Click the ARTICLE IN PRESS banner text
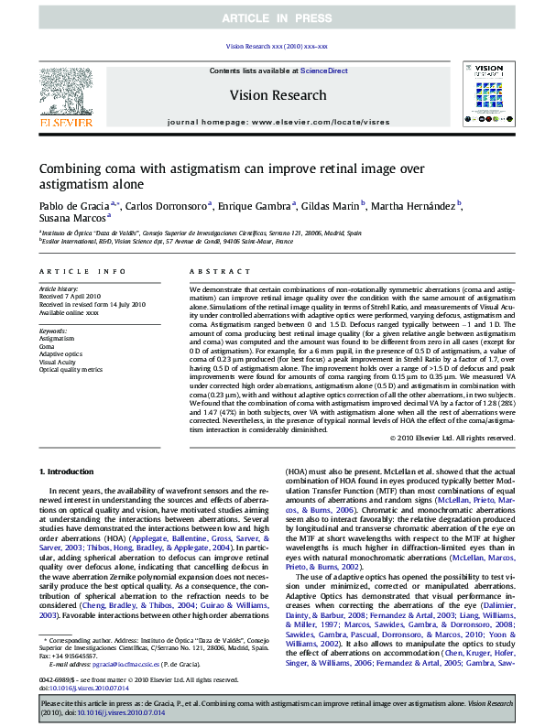[272, 18]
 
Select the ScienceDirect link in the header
[323, 71]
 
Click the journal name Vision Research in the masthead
[278, 95]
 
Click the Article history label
[60, 288]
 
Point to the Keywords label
[54, 330]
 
